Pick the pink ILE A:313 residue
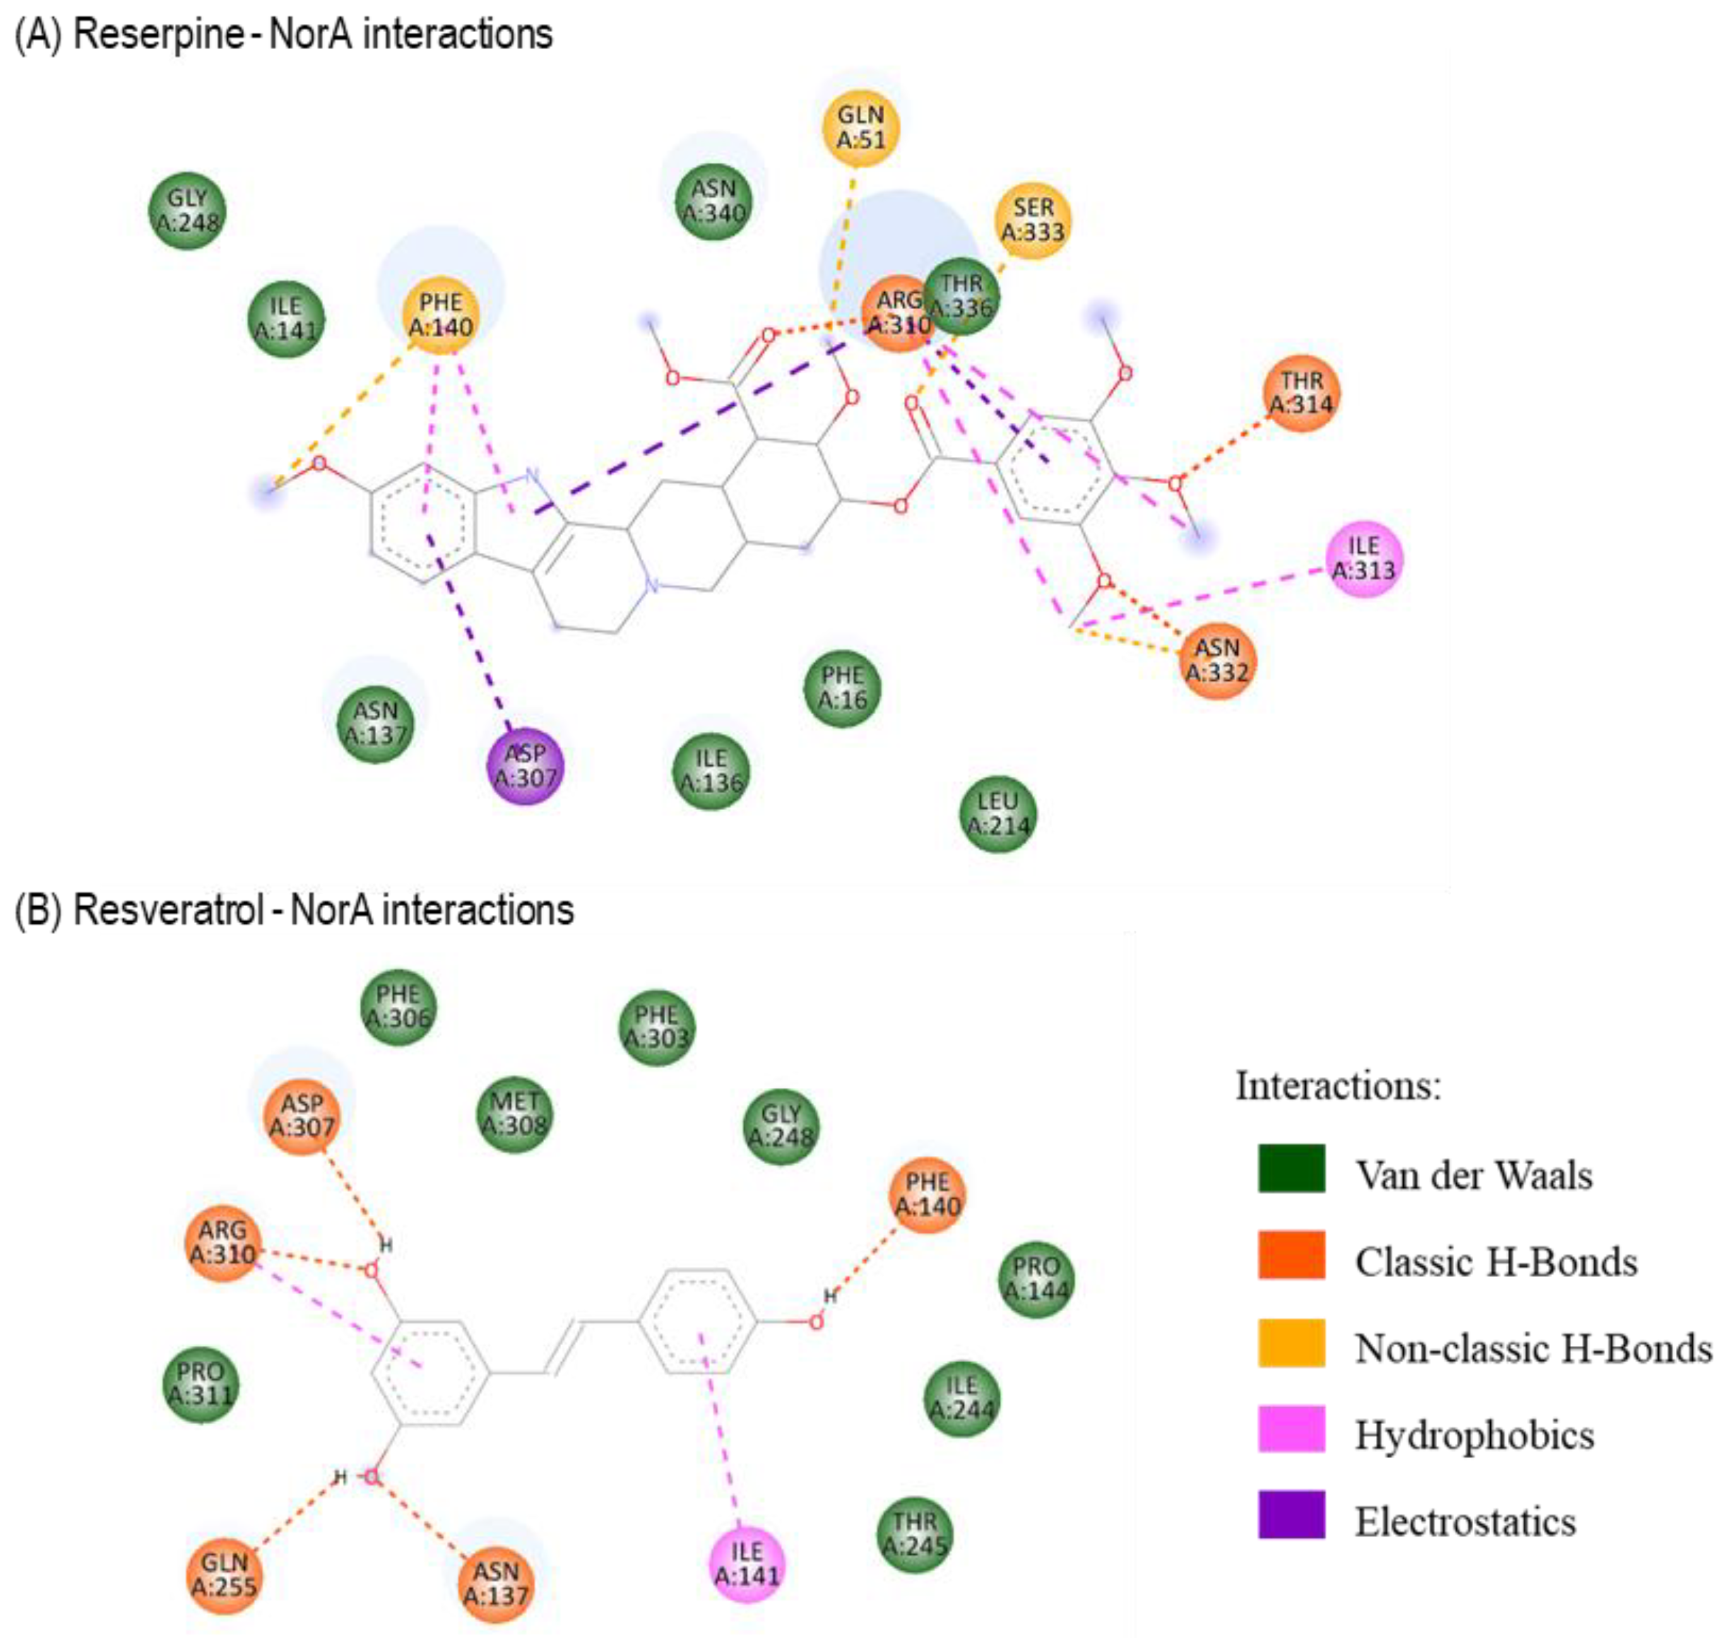(x=1363, y=558)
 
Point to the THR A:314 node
(x=1301, y=393)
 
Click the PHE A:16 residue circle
(x=842, y=688)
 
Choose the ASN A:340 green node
(x=714, y=201)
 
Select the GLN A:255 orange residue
(x=225, y=1575)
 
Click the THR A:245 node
(x=915, y=1535)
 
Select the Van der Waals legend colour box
(x=1291, y=1169)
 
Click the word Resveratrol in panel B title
(x=168, y=910)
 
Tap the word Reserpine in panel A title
(x=159, y=35)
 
